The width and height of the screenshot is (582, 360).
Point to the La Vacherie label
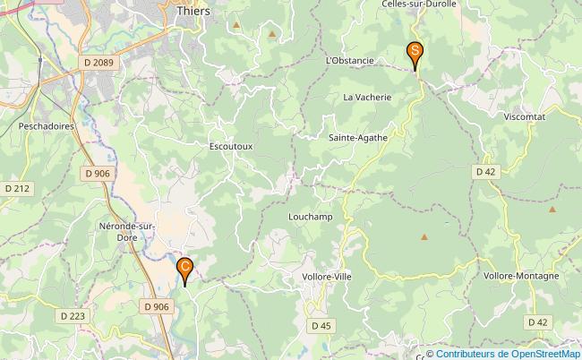(368, 97)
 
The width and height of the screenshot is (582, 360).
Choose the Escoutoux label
(231, 145)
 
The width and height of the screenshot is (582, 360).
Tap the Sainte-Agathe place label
(358, 138)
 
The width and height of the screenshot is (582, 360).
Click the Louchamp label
(311, 216)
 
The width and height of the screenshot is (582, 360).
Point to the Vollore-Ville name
(327, 277)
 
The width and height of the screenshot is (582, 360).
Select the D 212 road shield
(16, 188)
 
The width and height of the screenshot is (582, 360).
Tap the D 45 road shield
(320, 325)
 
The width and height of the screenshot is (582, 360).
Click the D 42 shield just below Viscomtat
(485, 171)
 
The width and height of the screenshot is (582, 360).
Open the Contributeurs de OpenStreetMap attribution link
(508, 354)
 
